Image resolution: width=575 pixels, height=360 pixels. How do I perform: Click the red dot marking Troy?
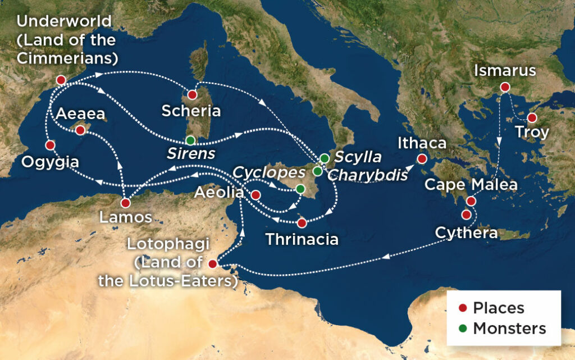coord(531,118)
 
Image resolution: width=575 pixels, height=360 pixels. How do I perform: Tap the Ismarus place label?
coord(505,71)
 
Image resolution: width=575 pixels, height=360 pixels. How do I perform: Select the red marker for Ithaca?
coord(422,159)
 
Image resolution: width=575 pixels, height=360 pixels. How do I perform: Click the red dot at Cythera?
coord(466,214)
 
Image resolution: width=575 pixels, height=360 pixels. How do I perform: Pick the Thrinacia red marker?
coord(302,223)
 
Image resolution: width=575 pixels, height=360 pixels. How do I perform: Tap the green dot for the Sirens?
coord(190,140)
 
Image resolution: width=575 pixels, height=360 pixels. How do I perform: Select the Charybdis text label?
coord(368,175)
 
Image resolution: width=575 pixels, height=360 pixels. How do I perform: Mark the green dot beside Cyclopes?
coord(300,189)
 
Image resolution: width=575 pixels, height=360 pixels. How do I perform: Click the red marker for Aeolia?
coord(255,195)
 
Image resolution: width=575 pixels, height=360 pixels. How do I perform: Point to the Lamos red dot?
coord(126,203)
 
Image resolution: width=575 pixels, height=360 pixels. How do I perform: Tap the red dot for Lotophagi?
coord(212,264)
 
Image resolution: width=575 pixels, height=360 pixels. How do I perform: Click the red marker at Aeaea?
coord(80,130)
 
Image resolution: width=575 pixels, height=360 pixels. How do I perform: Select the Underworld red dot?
coord(61,80)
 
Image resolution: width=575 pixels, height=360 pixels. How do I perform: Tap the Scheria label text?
coord(191,111)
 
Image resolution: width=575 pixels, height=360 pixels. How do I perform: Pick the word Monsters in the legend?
coord(509,328)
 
